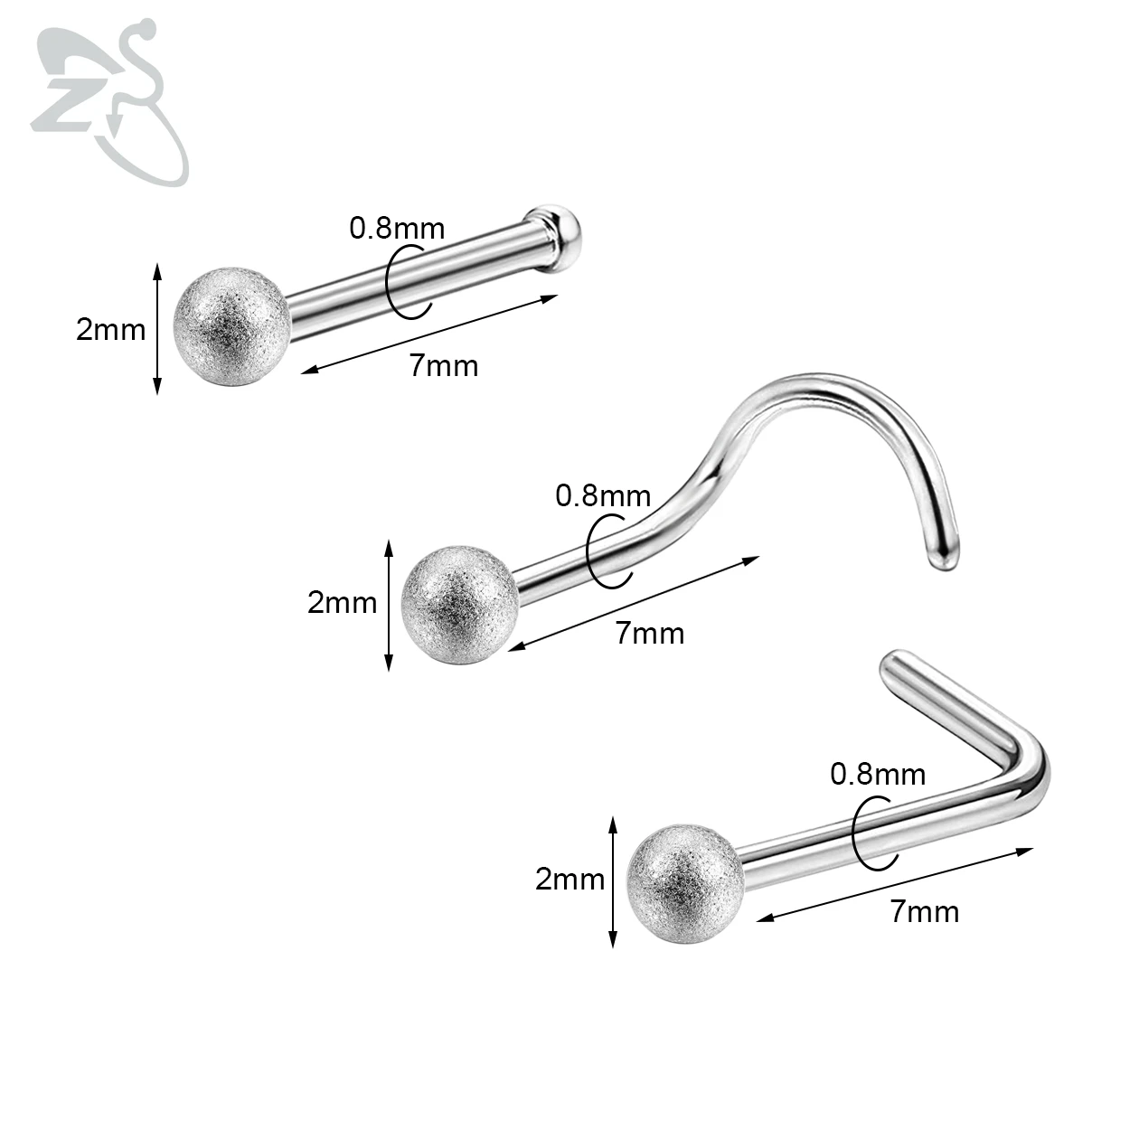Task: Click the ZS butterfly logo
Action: tap(108, 104)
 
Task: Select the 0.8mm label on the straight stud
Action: tap(397, 228)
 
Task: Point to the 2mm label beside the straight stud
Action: tap(110, 330)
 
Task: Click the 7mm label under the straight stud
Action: tap(443, 365)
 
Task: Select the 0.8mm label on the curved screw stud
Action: tap(602, 495)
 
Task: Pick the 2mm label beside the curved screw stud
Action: tap(342, 602)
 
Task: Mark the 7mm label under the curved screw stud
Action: tap(650, 633)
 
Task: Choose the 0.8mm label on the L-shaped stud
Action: tap(878, 774)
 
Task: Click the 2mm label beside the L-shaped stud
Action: tap(569, 879)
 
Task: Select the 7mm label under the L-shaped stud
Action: tap(924, 911)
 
